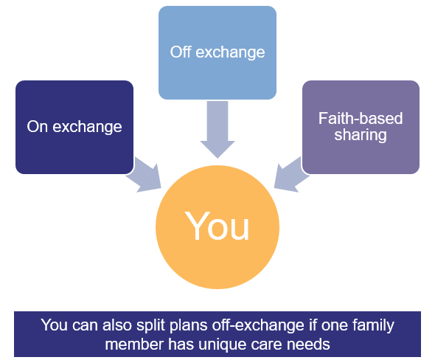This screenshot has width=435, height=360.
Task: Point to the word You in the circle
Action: click(217, 226)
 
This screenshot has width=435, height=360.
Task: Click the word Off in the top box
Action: click(180, 52)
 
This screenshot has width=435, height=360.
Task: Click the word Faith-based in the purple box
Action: click(361, 119)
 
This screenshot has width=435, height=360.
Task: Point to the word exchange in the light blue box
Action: click(229, 52)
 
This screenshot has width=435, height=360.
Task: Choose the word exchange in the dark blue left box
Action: click(86, 127)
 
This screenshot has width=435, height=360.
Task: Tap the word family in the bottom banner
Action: click(371, 325)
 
